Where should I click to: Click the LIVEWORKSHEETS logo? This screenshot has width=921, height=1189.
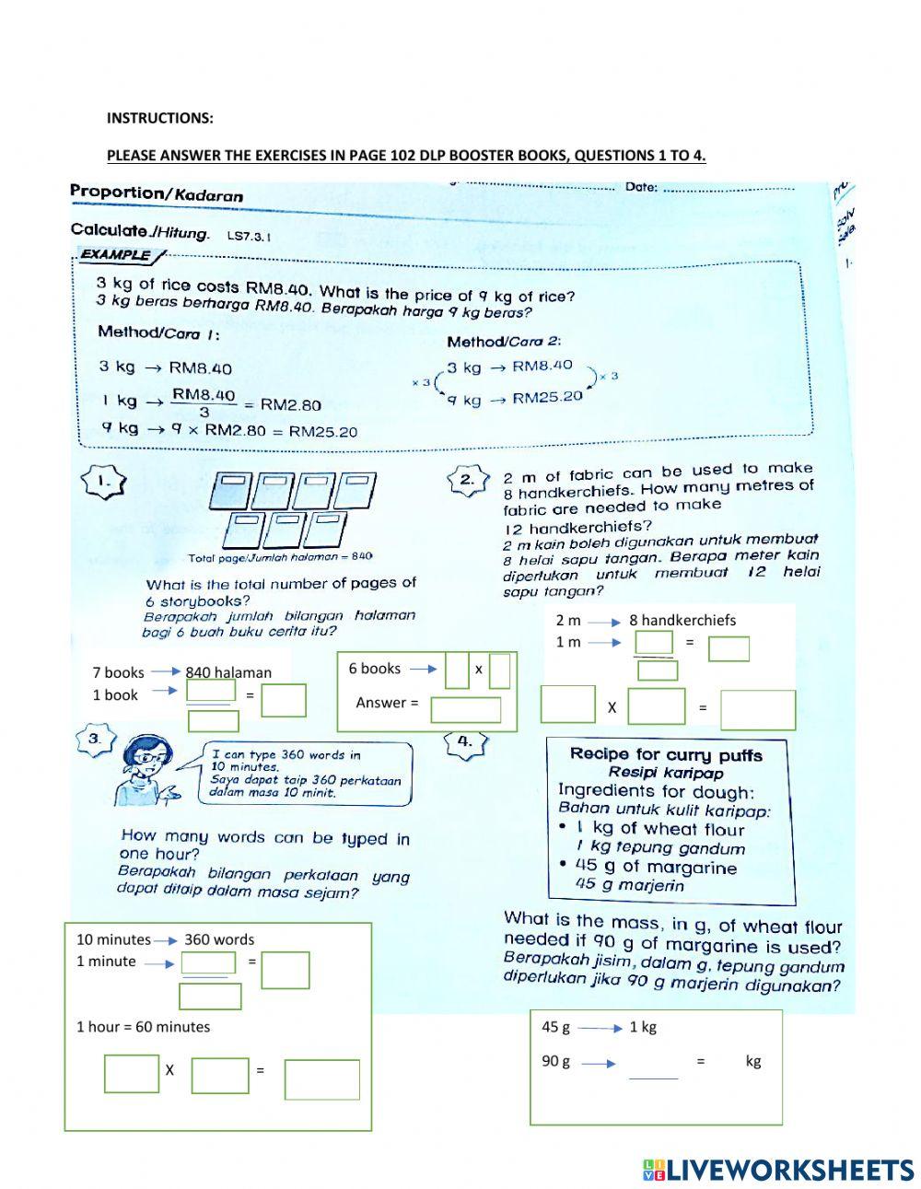pyautogui.click(x=778, y=1170)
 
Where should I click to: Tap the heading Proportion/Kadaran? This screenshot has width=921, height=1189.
pyautogui.click(x=157, y=193)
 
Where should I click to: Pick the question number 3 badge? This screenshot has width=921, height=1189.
pyautogui.click(x=94, y=739)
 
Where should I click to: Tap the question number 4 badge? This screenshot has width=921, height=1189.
pyautogui.click(x=465, y=741)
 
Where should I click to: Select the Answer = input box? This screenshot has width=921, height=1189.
pyautogui.click(x=466, y=709)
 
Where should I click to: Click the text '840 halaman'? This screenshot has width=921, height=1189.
pyautogui.click(x=228, y=672)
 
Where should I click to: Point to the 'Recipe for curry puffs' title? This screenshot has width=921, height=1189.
pyautogui.click(x=666, y=754)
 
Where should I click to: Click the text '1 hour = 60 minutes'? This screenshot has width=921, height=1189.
pyautogui.click(x=143, y=1027)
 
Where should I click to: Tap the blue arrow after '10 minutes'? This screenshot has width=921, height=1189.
pyautogui.click(x=166, y=940)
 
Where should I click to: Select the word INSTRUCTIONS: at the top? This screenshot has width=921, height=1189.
pyautogui.click(x=159, y=118)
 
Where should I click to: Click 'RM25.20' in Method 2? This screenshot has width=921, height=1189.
pyautogui.click(x=547, y=398)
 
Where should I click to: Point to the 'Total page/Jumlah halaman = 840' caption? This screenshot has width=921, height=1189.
pyautogui.click(x=280, y=557)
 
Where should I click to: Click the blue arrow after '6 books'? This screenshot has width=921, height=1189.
pyautogui.click(x=423, y=670)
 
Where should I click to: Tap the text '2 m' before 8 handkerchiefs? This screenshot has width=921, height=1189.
pyautogui.click(x=568, y=621)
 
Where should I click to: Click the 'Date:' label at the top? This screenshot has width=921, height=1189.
pyautogui.click(x=641, y=187)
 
